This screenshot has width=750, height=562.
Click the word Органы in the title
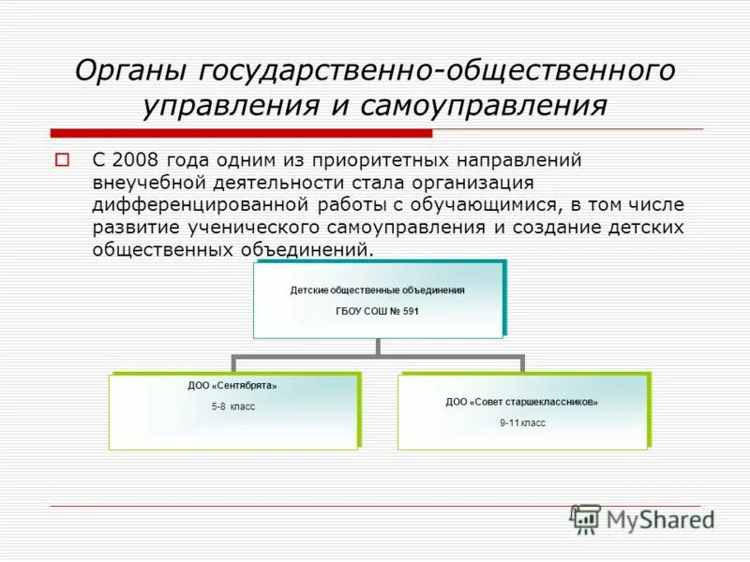(127, 71)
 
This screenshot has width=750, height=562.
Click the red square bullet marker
(63, 159)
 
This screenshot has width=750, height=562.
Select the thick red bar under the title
(234, 132)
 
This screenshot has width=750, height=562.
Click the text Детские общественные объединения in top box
(377, 290)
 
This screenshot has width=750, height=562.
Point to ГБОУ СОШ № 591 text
(377, 311)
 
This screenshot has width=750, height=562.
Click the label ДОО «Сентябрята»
(232, 385)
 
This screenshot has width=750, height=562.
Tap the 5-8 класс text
(232, 407)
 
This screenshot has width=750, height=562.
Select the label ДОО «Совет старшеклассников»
(521, 402)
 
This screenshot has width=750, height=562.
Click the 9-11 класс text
(522, 423)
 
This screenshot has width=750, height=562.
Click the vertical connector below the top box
(378, 347)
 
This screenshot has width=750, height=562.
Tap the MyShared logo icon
(585, 518)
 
